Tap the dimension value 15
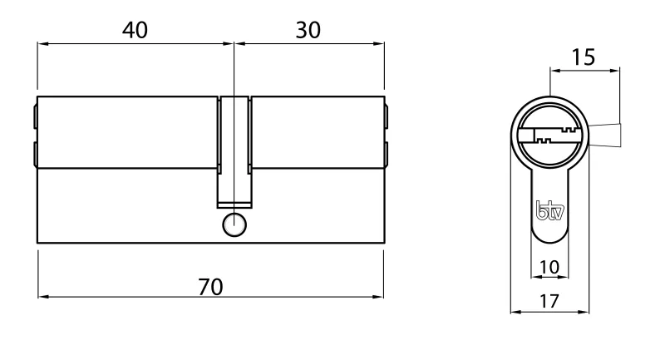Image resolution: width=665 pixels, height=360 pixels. pyautogui.click(x=584, y=57)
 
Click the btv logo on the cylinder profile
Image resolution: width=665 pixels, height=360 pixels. pyautogui.click(x=549, y=211)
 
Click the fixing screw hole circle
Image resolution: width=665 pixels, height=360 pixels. pyautogui.click(x=234, y=224)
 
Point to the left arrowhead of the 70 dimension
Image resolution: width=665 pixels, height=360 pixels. pyautogui.click(x=42, y=295)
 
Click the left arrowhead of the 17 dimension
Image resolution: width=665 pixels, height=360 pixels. pyautogui.click(x=513, y=313)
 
